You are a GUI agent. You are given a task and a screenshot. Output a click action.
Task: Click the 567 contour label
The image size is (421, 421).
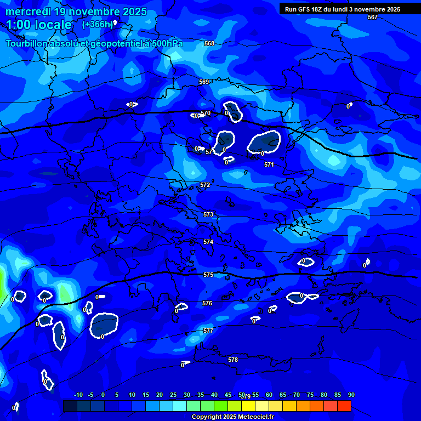tap(373, 17)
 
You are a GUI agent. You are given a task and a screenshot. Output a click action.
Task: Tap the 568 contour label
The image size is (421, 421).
tap(209, 43)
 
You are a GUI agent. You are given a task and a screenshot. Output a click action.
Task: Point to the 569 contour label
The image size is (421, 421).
tap(204, 82)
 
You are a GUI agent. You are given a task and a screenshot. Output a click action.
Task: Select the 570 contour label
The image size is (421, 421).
tap(206, 113)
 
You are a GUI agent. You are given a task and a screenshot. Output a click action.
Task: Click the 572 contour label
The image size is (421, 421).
tap(205, 185)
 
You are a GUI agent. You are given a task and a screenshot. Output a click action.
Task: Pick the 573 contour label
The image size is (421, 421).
tap(208, 214)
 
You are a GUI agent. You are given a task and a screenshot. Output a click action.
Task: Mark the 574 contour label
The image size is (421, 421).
tap(208, 242)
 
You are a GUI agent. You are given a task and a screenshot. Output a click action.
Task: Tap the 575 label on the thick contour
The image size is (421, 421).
tap(208, 275)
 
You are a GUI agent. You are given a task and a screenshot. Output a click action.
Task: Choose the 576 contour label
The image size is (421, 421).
tap(207, 303)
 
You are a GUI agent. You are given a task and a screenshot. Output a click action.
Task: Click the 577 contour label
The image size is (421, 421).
tap(208, 331)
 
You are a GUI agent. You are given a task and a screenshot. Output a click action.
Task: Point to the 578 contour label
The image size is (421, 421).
tap(233, 360)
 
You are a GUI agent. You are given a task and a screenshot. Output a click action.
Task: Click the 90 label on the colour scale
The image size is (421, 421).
tap(351, 395)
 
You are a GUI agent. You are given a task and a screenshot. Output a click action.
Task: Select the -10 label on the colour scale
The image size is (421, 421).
tap(78, 395)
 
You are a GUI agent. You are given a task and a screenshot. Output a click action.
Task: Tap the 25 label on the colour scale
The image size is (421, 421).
tap(173, 395)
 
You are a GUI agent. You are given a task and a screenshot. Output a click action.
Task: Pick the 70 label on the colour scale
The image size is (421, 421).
tap(296, 395)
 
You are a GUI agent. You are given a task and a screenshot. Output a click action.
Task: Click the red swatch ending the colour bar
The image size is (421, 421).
tap(344, 406)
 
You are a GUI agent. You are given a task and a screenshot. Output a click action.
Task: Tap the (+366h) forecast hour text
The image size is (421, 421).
tap(98, 25)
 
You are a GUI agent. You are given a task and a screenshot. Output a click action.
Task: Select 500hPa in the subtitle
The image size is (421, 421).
tap(168, 43)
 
